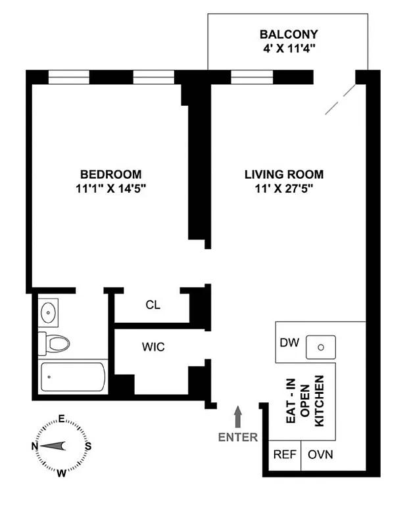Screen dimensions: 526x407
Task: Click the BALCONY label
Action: click(289, 34)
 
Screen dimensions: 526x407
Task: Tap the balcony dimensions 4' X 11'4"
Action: click(289, 47)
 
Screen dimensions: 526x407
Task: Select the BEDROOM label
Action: click(110, 174)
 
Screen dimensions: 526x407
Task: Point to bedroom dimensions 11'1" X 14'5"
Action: click(110, 188)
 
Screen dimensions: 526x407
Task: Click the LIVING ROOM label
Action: click(284, 174)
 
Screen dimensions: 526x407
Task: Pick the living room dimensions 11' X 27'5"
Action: click(284, 188)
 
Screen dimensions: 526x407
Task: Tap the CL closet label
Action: click(153, 305)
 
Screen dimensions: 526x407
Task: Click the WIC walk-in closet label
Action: click(153, 347)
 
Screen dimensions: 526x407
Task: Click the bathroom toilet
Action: click(55, 343)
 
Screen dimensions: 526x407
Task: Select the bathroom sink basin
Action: click(47, 312)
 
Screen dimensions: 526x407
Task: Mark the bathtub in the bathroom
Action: click(72, 377)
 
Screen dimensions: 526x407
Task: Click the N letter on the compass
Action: click(35, 446)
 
